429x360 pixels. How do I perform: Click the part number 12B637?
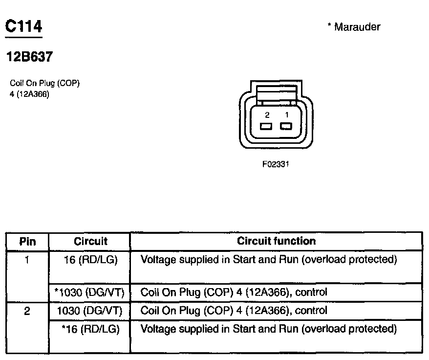pyautogui.click(x=29, y=57)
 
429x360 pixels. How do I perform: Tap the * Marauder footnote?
pyautogui.click(x=354, y=27)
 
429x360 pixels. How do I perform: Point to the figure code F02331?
pyautogui.click(x=276, y=164)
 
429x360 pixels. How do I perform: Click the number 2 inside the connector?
pyautogui.click(x=267, y=115)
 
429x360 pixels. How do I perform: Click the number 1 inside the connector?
pyautogui.click(x=287, y=115)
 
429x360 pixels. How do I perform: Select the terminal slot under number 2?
pyautogui.click(x=266, y=127)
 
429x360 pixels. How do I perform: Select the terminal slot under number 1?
pyautogui.click(x=286, y=127)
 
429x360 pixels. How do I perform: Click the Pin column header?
pyautogui.click(x=27, y=241)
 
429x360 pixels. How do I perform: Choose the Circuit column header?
pyautogui.click(x=90, y=241)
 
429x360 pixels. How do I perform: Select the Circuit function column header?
pyautogui.click(x=276, y=241)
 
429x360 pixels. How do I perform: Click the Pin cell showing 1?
pyautogui.click(x=27, y=260)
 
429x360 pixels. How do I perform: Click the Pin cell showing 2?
pyautogui.click(x=27, y=311)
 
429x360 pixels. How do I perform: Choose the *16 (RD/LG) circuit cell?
pyautogui.click(x=90, y=329)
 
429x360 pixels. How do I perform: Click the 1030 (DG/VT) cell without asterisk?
pyautogui.click(x=90, y=311)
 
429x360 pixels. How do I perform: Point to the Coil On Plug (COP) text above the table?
pyautogui.click(x=44, y=83)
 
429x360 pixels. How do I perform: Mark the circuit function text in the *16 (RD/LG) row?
pyautogui.click(x=268, y=329)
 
